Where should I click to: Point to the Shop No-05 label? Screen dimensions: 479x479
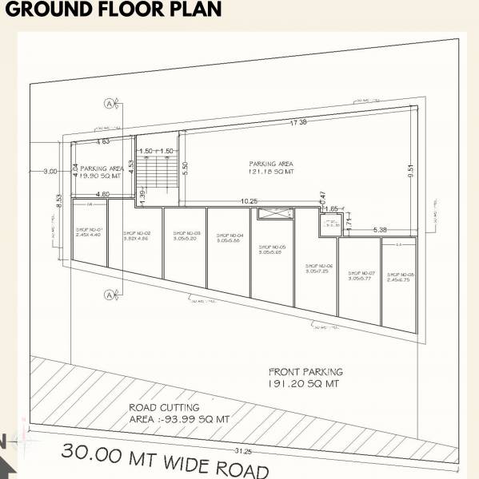click(x=273, y=250)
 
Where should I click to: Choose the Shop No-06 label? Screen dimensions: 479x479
click(x=319, y=268)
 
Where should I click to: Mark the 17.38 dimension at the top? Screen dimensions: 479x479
click(x=298, y=122)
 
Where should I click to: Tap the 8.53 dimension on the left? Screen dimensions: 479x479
click(x=59, y=199)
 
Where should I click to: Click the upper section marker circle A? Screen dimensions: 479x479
click(x=107, y=103)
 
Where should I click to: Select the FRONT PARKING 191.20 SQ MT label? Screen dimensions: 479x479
click(x=305, y=378)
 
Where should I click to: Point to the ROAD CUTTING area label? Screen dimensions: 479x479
click(x=179, y=413)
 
